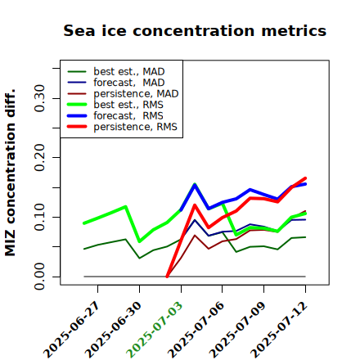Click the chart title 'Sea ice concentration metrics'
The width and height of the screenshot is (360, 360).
[x=195, y=30]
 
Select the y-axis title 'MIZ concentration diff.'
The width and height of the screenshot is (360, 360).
[x=10, y=173]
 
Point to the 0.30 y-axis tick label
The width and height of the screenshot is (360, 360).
[x=39, y=98]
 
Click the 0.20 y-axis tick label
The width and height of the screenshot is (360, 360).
[x=39, y=158]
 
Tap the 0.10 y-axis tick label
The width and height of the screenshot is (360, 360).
[x=39, y=217]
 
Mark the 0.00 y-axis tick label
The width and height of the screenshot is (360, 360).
[x=39, y=277]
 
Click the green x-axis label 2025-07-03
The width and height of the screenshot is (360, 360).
[x=155, y=330]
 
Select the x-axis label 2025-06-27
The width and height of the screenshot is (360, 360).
[x=71, y=330]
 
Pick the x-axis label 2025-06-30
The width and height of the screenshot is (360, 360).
[x=113, y=330]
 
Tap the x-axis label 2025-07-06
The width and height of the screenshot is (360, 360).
[x=196, y=330]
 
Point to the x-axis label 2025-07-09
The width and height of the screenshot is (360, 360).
[x=237, y=330]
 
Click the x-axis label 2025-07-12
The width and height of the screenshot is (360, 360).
[x=279, y=330]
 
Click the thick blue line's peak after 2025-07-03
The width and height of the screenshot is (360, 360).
[x=195, y=184]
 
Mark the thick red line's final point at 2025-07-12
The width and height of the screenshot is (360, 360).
[x=305, y=178]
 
